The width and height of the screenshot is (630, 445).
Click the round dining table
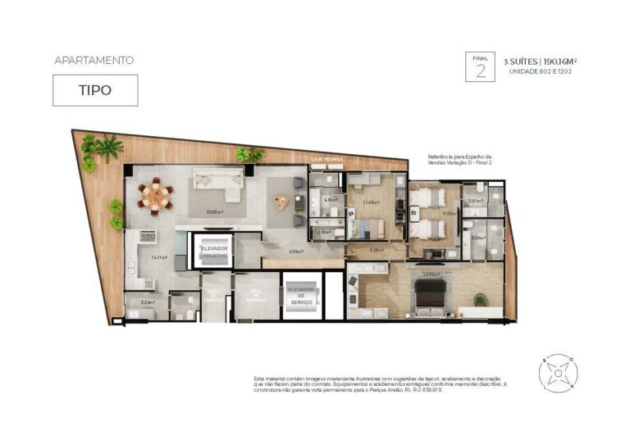click(x=155, y=196)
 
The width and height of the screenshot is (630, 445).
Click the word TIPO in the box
click(x=95, y=91)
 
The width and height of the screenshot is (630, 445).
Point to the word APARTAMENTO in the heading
click(x=94, y=60)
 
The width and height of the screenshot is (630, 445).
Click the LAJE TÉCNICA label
click(x=326, y=158)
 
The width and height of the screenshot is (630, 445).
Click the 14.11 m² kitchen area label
click(x=159, y=257)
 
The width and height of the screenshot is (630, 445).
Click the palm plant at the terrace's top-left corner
click(x=106, y=148)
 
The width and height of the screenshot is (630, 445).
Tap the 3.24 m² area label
click(x=148, y=302)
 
